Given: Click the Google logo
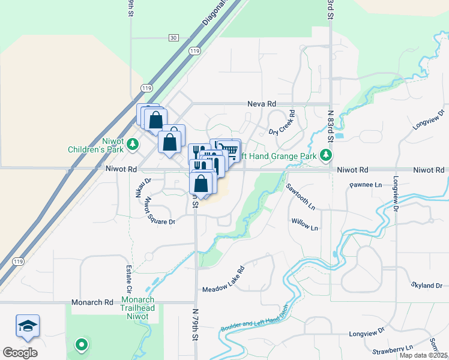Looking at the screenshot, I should [x=20, y=353].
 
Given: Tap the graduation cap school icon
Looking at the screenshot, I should [x=28, y=326].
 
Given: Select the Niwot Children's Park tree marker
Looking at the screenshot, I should [x=132, y=144].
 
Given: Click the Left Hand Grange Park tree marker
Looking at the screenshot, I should [x=326, y=156].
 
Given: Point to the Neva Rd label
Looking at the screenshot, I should [x=261, y=104].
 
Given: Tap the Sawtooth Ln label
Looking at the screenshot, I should [x=300, y=196].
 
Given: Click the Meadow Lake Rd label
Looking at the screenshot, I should [x=224, y=280].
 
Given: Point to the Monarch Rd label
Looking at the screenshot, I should [x=92, y=302].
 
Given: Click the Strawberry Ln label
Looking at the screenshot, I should [x=393, y=348].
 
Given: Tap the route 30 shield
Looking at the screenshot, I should [x=173, y=38].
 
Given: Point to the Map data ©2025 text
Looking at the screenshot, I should [x=423, y=355].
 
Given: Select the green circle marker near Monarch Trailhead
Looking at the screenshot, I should [x=80, y=345].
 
